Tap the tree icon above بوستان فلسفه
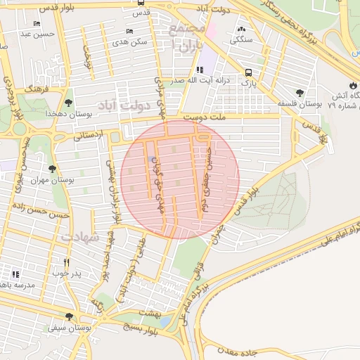tap(300, 93)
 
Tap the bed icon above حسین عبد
tap(37, 23)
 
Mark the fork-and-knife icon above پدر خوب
tap(67, 262)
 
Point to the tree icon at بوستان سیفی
tap(68, 316)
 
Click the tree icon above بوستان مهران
tap(52, 169)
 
